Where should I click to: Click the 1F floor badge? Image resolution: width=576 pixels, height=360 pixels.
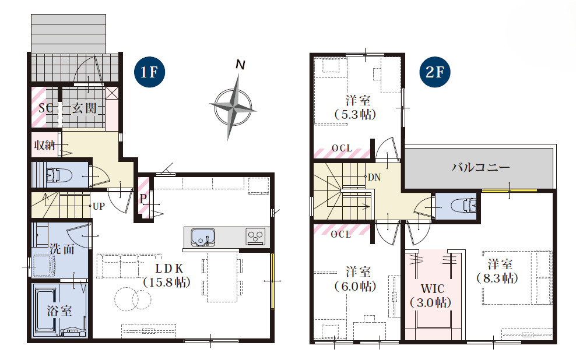click(x=149, y=72)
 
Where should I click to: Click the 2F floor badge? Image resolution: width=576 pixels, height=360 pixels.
click(x=434, y=72)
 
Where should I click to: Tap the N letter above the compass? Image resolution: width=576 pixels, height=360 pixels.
click(x=240, y=65)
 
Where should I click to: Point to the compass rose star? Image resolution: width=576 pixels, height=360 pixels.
click(x=232, y=107)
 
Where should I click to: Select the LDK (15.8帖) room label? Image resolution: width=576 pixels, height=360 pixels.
click(x=167, y=275)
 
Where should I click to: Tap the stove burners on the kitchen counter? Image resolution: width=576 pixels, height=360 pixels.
click(x=255, y=237)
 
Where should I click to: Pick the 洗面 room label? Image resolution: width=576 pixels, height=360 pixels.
click(x=62, y=249)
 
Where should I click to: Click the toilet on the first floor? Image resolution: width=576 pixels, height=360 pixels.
click(x=59, y=175)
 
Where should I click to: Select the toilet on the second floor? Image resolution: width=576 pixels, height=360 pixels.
click(x=464, y=206)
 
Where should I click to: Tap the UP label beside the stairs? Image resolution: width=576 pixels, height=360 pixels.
click(x=99, y=206)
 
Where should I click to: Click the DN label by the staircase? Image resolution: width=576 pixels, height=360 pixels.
click(x=374, y=178)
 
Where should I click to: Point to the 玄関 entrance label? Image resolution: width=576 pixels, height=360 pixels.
click(x=84, y=108)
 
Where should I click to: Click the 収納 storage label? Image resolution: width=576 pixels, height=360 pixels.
click(x=44, y=145)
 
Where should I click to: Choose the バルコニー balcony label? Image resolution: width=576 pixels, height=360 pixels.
click(x=480, y=168)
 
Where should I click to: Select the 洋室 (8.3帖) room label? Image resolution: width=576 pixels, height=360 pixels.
click(x=498, y=271)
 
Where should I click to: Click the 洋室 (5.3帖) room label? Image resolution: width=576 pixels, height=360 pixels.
click(x=356, y=108)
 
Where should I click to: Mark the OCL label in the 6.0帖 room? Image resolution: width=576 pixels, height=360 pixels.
click(x=341, y=234)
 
